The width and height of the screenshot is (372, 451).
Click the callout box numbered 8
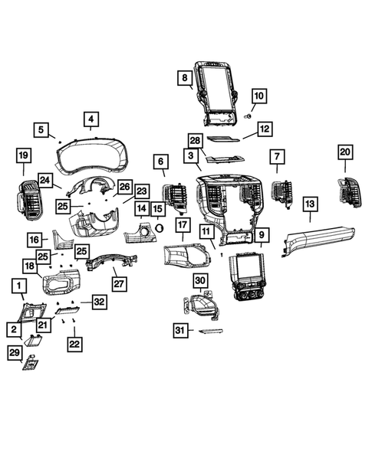tap(185, 78)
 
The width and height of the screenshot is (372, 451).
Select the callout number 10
tap(258, 96)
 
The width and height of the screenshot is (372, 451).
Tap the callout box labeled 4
tap(91, 119)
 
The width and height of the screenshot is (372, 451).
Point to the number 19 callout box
tap(23, 157)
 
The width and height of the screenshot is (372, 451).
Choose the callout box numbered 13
tap(310, 204)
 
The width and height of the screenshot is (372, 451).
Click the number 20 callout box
tap(344, 152)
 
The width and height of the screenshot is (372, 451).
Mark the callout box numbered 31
tap(179, 330)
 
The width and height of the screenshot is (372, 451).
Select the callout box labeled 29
tap(15, 351)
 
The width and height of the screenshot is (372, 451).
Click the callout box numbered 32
tap(99, 303)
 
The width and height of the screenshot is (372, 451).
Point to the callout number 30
tap(200, 281)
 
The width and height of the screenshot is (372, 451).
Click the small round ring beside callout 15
tap(160, 227)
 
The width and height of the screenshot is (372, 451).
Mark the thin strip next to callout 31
tap(209, 331)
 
